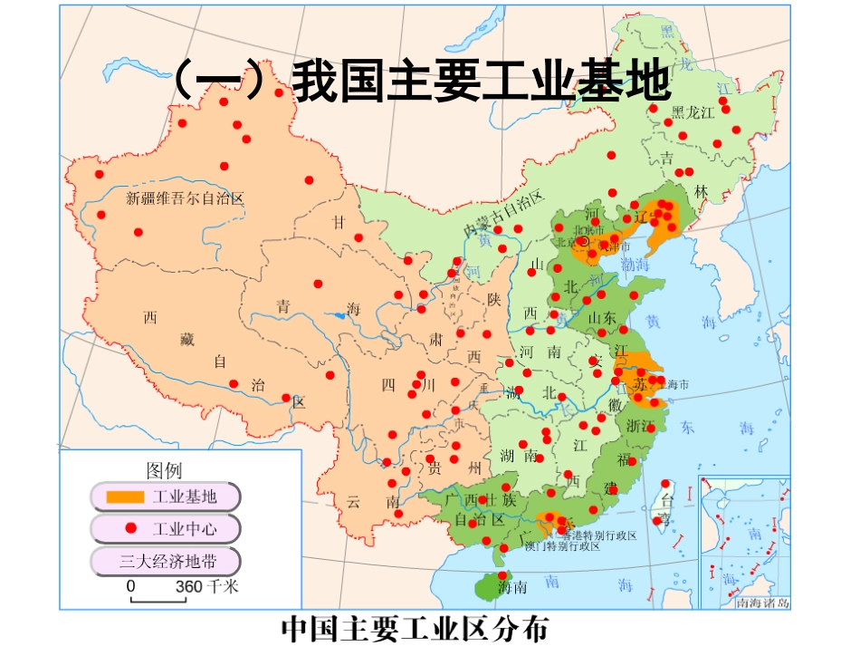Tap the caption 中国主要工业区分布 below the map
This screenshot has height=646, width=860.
click(x=416, y=628)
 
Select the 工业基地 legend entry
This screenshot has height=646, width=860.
click(x=165, y=497)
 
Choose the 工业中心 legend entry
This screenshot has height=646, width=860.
click(x=165, y=527)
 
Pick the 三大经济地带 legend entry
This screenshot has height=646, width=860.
click(x=165, y=559)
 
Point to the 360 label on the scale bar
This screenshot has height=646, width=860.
click(x=188, y=586)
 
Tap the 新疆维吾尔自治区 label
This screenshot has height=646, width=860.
click(x=186, y=198)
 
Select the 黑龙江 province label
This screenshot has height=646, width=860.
click(x=693, y=111)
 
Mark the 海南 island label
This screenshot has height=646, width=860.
click(x=512, y=587)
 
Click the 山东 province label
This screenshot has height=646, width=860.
click(x=602, y=317)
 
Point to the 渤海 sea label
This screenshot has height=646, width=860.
click(x=636, y=264)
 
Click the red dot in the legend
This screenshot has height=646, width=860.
click(x=130, y=527)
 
